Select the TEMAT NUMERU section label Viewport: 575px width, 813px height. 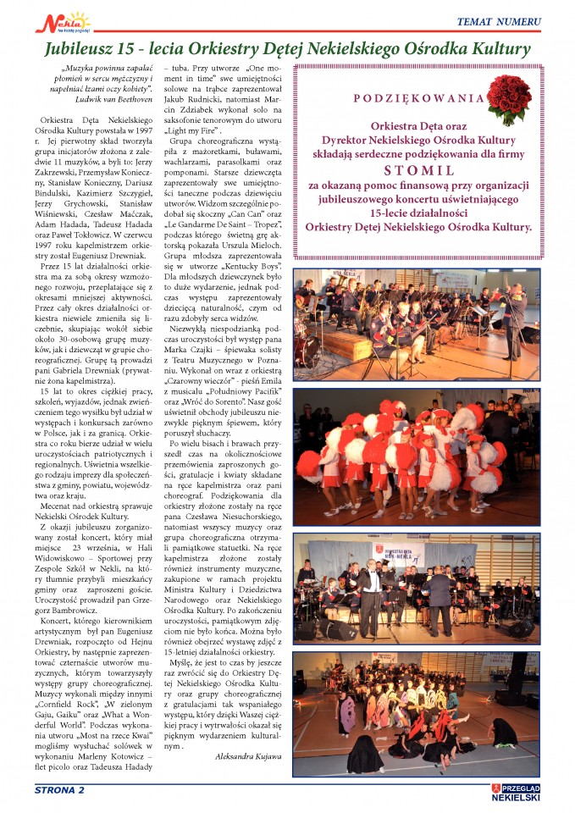pos(498,20)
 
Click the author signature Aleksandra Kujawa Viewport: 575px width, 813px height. pos(248,754)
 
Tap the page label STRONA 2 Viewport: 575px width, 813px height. pos(59,790)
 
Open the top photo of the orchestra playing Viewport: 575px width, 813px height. pos(416,324)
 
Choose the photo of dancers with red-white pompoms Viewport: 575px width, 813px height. pos(416,455)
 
